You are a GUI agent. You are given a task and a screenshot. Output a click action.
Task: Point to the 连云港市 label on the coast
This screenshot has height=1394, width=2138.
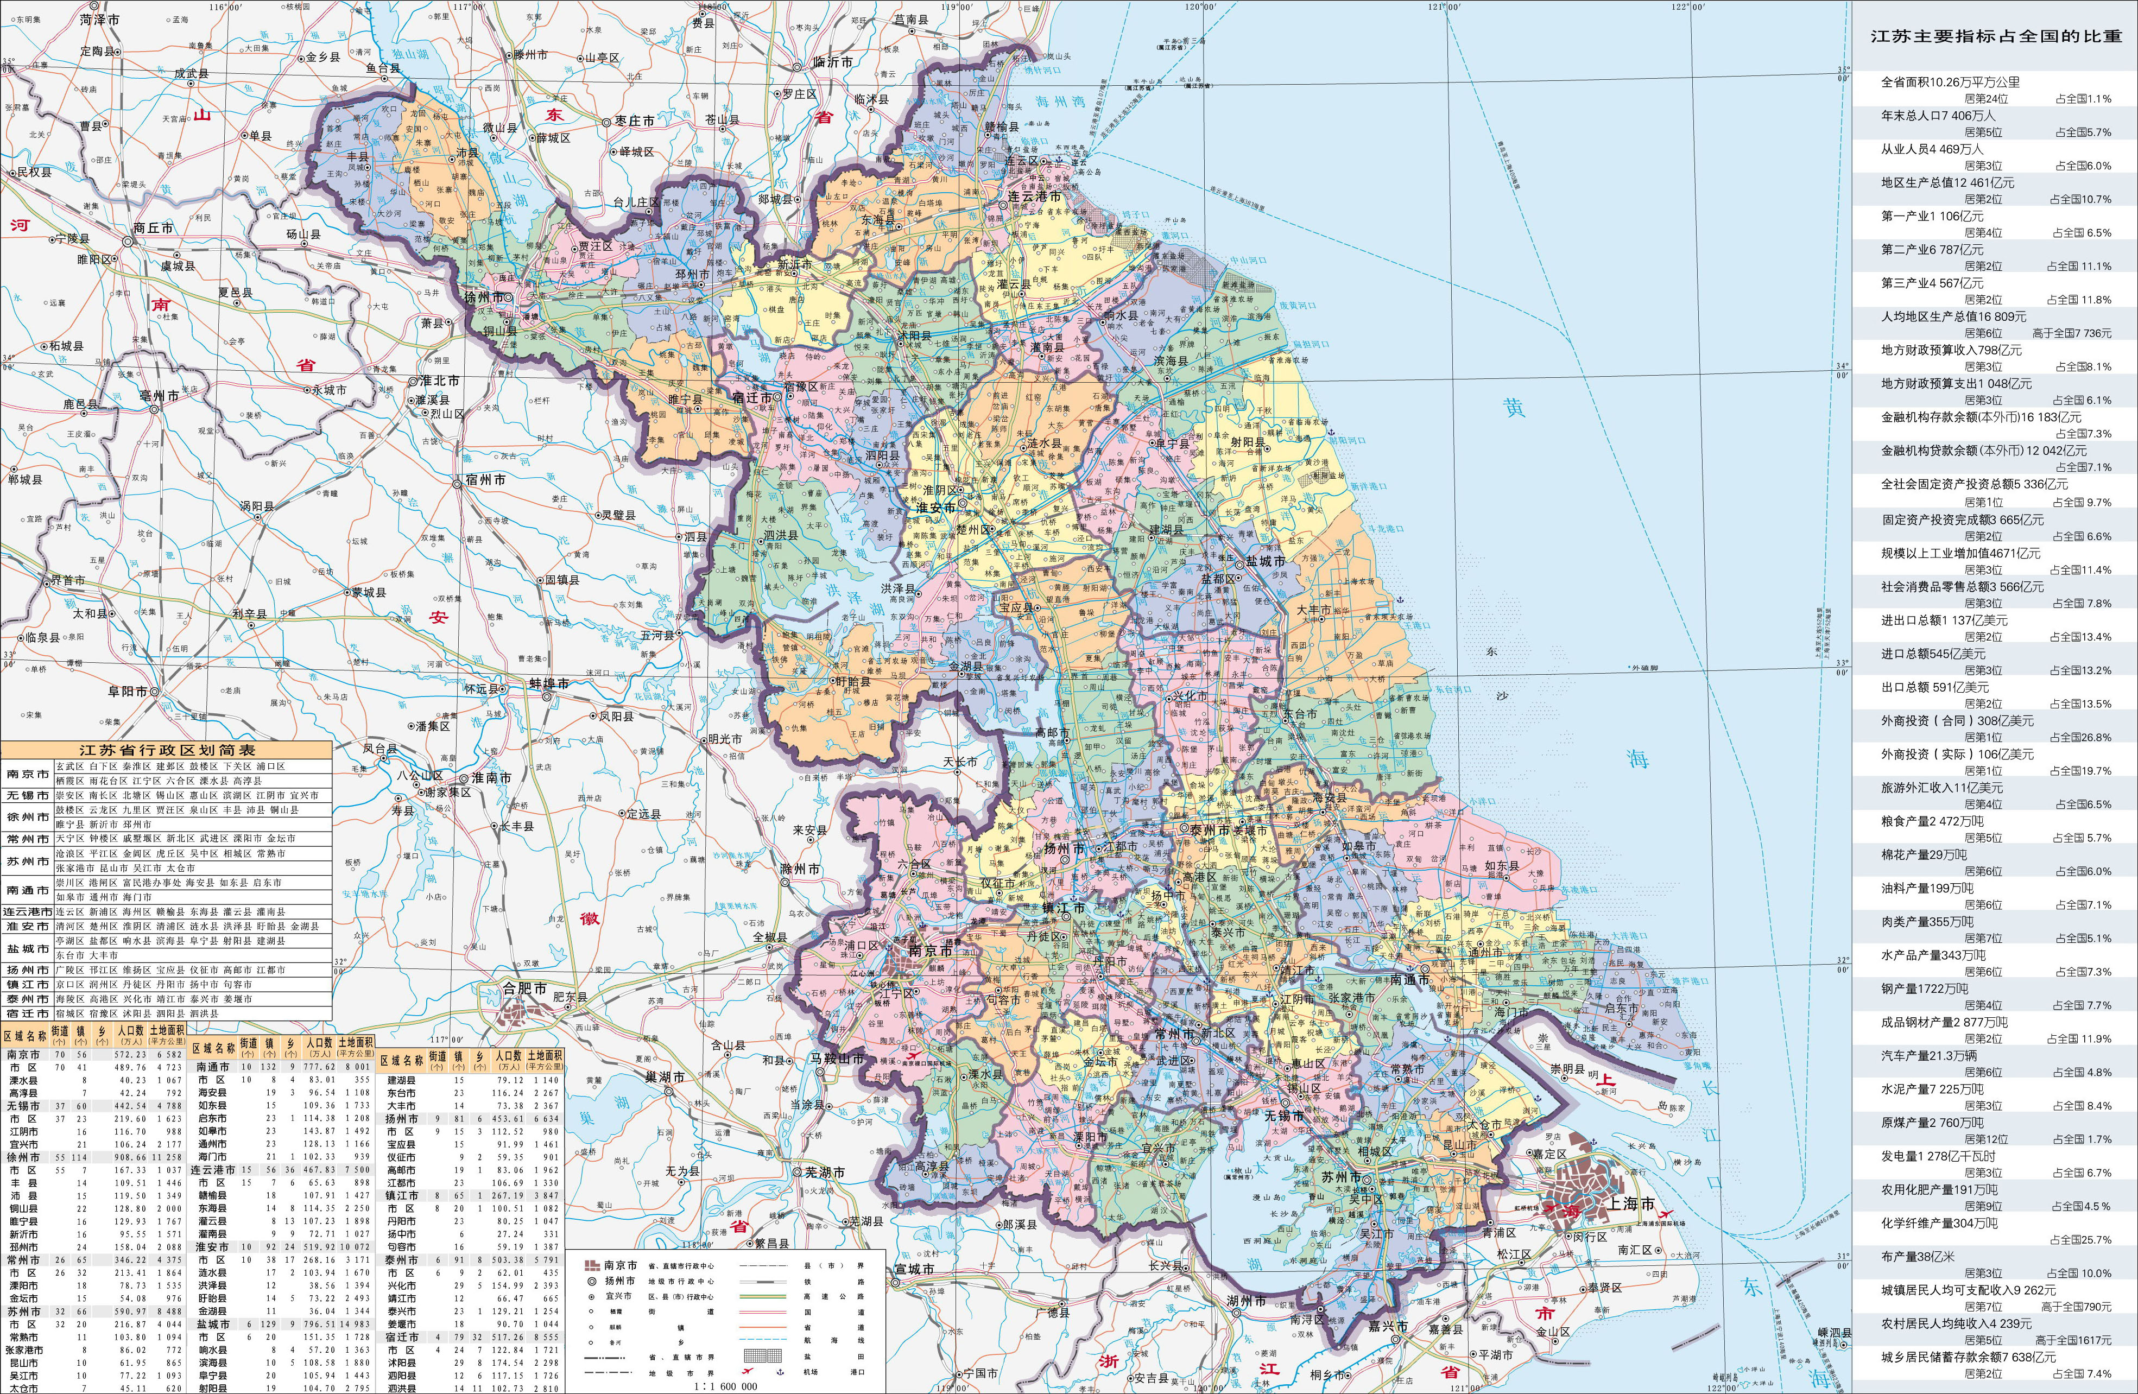pos(1033,196)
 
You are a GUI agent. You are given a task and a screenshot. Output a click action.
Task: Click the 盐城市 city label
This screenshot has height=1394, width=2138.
pos(1265,560)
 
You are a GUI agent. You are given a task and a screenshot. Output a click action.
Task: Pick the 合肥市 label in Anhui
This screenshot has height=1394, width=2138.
pos(524,988)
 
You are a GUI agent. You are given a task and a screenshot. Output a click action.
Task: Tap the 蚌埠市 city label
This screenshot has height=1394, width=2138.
pos(549,683)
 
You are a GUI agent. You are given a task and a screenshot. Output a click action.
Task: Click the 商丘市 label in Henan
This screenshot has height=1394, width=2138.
pos(152,228)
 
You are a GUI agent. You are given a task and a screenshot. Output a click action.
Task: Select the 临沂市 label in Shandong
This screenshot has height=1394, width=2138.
pos(832,62)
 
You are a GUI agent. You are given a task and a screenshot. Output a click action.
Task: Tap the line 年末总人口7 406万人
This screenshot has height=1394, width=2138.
pos(1938,116)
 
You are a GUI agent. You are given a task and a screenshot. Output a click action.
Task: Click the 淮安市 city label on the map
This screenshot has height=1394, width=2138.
pos(935,508)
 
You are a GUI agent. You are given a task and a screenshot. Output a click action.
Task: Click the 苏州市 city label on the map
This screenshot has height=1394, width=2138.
pos(1341,1177)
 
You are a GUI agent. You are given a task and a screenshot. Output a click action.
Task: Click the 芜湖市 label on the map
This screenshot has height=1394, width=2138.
pos(824,1172)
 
